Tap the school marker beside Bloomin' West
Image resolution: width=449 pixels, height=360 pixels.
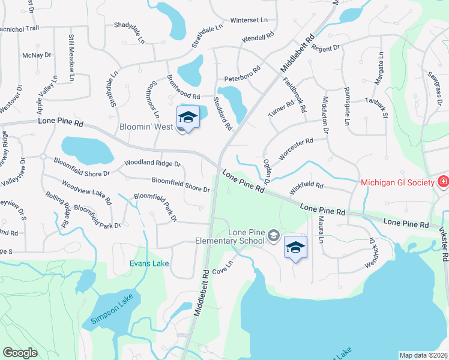pos(188,116)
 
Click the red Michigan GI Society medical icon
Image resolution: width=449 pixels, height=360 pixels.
pos(442,181)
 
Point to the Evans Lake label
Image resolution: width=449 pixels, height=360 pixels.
pos(149,263)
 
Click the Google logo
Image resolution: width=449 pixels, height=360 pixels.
pos(20,353)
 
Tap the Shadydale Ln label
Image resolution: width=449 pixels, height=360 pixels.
pos(130,33)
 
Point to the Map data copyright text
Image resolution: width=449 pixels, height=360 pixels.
pos(424,355)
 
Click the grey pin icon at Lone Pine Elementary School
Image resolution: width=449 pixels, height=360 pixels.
pos(274,235)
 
